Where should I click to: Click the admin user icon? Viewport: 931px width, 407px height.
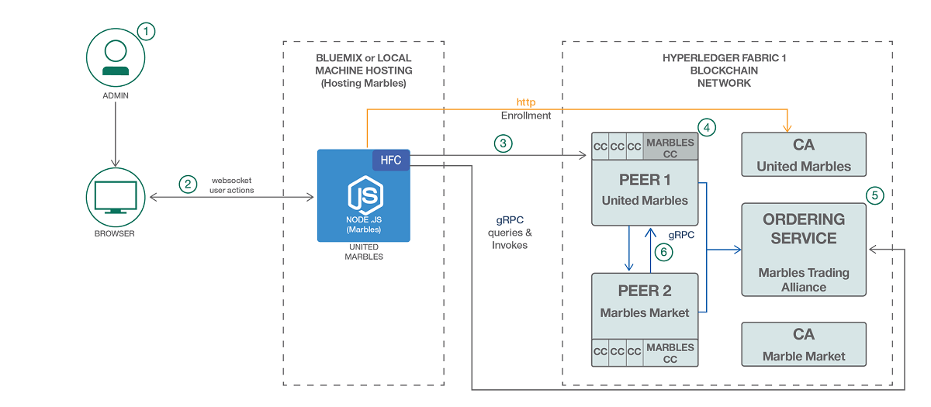tap(116, 56)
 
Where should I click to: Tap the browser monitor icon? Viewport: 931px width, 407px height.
tap(116, 197)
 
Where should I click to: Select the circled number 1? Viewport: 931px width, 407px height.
tap(146, 31)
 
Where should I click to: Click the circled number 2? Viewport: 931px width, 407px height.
tap(187, 185)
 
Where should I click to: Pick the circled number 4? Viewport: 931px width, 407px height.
tap(705, 126)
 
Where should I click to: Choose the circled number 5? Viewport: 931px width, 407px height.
tap(875, 195)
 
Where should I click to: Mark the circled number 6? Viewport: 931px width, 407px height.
tap(663, 251)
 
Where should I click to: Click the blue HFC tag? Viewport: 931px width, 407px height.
tap(390, 159)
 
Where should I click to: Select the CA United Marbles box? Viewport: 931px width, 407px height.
tap(804, 154)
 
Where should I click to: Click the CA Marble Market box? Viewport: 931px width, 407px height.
tap(804, 344)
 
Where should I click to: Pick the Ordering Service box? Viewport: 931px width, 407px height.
tap(804, 250)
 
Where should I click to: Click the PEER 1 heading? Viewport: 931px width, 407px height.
tap(645, 180)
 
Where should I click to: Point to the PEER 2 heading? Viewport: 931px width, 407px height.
tap(645, 291)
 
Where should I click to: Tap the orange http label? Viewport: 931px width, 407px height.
tap(526, 102)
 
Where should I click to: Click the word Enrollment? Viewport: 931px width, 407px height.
tap(526, 116)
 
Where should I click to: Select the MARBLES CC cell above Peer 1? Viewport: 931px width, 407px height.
tap(670, 148)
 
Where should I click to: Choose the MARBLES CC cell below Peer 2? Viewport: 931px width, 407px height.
tap(670, 353)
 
